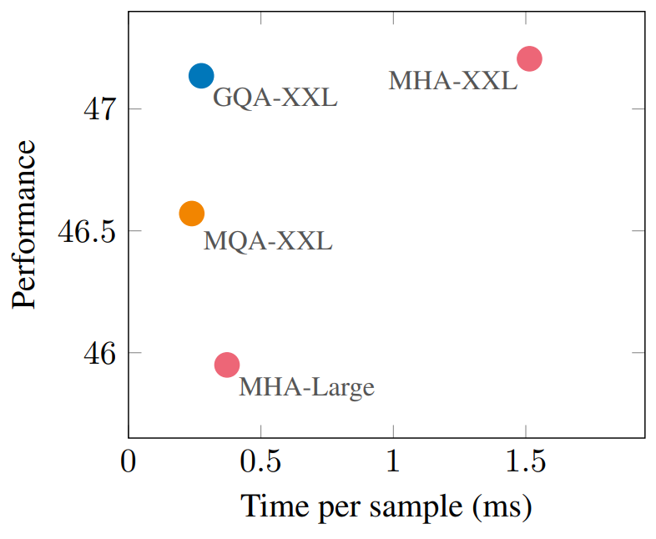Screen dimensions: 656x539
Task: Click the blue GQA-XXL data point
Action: pyautogui.click(x=201, y=76)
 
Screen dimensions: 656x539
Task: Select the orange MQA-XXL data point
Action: pyautogui.click(x=192, y=214)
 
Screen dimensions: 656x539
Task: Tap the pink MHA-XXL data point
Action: pyautogui.click(x=529, y=58)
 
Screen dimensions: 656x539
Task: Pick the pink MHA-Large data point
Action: pyautogui.click(x=227, y=365)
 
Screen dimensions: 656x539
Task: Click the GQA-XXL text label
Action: pyautogui.click(x=275, y=98)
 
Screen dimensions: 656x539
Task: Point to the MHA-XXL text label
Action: pyautogui.click(x=453, y=80)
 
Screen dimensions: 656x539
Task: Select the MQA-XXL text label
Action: pyautogui.click(x=268, y=241)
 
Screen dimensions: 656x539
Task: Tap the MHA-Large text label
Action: pyautogui.click(x=306, y=387)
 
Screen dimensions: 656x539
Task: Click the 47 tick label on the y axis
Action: pyautogui.click(x=98, y=109)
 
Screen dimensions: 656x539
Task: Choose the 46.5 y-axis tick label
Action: pyautogui.click(x=86, y=231)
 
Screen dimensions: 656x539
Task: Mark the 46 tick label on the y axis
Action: pyautogui.click(x=99, y=353)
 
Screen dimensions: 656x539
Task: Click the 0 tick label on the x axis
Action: pyautogui.click(x=128, y=461)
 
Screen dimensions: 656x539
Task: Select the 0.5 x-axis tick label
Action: pyautogui.click(x=260, y=461)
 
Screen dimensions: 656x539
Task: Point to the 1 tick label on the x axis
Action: pyautogui.click(x=393, y=461)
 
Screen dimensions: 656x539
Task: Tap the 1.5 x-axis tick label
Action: pyautogui.click(x=526, y=461)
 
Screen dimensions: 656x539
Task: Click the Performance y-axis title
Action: pyautogui.click(x=24, y=224)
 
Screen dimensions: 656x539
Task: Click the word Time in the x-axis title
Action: pyautogui.click(x=276, y=506)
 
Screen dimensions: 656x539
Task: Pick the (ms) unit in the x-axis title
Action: pyautogui.click(x=502, y=507)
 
